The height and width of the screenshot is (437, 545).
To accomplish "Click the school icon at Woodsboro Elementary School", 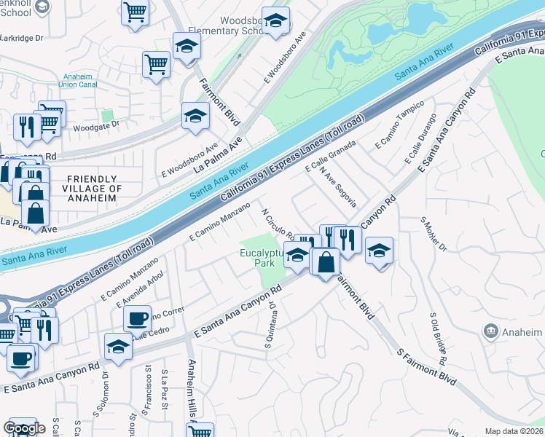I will [x=275, y=22].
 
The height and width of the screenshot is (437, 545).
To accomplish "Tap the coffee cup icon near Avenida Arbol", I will [x=137, y=319].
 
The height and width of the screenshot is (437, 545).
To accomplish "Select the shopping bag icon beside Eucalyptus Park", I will [x=326, y=261].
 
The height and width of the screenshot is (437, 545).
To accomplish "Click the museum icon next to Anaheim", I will [x=492, y=331].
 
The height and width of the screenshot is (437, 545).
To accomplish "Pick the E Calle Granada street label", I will [x=330, y=157].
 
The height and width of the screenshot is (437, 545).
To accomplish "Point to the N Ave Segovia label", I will [x=339, y=187].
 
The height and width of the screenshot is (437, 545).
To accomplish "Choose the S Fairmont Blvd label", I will [x=426, y=367].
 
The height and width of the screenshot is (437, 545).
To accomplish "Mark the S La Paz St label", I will [x=165, y=383].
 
